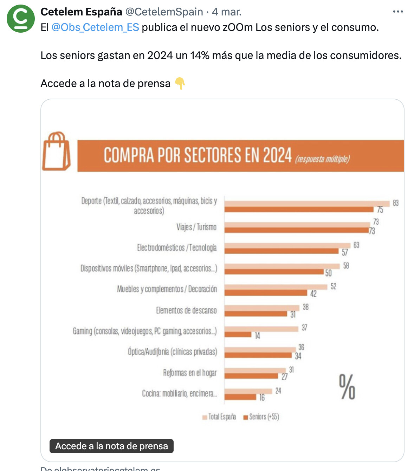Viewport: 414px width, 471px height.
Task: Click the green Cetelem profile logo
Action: click(x=21, y=19)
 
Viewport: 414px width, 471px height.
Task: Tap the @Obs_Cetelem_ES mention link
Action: click(x=95, y=27)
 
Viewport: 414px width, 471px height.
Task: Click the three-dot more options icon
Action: click(x=398, y=12)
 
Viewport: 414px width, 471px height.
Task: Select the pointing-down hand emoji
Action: click(x=180, y=84)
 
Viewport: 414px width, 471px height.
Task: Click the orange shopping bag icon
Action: click(x=56, y=151)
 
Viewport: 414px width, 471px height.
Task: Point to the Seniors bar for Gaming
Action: click(x=238, y=334)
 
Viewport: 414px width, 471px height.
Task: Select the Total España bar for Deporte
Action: click(x=307, y=204)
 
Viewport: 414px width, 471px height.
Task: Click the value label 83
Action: click(x=396, y=203)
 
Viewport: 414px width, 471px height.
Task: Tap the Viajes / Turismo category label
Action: click(x=196, y=227)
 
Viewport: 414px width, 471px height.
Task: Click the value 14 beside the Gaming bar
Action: click(x=258, y=336)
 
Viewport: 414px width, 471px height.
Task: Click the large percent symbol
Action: click(x=347, y=387)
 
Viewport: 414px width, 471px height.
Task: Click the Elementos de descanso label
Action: click(x=186, y=311)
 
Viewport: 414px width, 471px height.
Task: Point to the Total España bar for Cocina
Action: click(x=248, y=391)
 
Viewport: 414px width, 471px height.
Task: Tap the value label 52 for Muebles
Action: click(x=334, y=287)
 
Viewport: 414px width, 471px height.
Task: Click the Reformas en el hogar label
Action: click(x=190, y=373)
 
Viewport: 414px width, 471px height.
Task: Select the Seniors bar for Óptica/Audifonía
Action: click(x=258, y=356)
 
